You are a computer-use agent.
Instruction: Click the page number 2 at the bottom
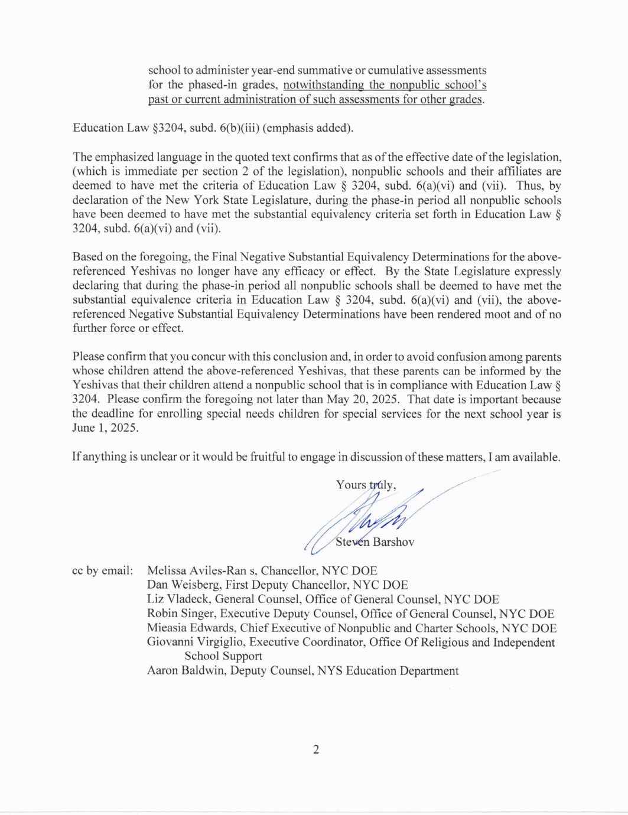coord(316,749)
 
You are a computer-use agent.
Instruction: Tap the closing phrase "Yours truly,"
coord(366,485)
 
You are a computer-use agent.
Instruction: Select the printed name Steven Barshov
coord(375,542)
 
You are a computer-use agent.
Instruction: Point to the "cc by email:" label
coord(102,570)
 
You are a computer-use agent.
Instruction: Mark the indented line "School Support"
coord(223,656)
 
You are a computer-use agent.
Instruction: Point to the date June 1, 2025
coord(105,428)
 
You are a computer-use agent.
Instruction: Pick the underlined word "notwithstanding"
coord(323,85)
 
